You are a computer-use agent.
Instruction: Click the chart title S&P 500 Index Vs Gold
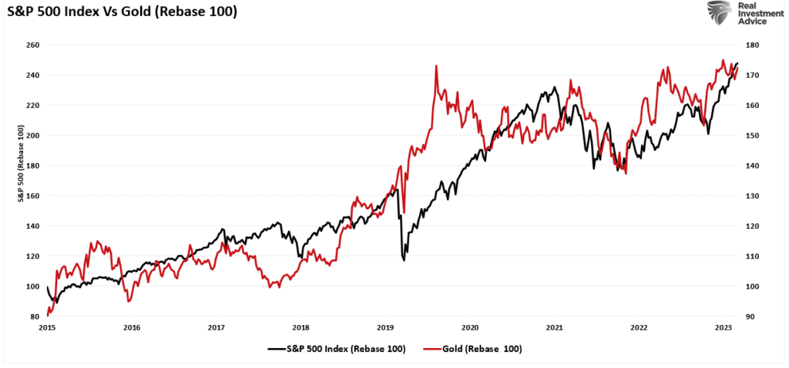tap(121, 13)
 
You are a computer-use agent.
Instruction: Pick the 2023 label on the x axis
tap(724, 326)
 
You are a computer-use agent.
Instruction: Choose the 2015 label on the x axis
tap(48, 326)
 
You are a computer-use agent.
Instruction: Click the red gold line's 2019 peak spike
tap(436, 66)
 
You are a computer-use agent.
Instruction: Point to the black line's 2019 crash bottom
tap(405, 260)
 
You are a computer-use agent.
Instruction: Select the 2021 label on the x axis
tap(554, 326)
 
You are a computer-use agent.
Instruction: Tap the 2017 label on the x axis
tap(217, 326)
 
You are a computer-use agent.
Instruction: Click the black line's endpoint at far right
tap(737, 63)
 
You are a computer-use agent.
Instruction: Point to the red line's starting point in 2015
tap(48, 315)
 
